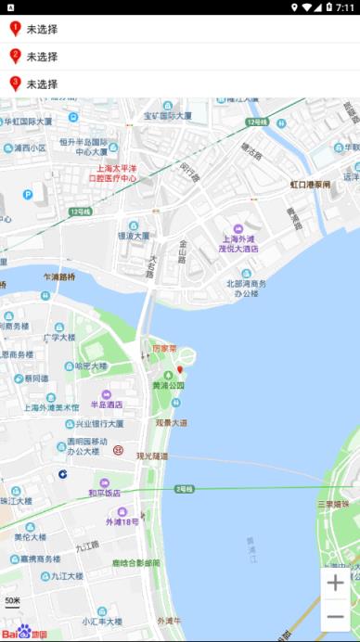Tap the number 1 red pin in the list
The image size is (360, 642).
click(15, 29)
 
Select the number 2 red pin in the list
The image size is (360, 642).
click(15, 57)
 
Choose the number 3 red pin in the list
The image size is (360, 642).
click(15, 84)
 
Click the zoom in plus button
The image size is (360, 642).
click(335, 583)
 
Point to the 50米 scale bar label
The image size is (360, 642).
click(12, 601)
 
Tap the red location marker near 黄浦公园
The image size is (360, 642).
click(180, 371)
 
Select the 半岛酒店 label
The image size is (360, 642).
click(106, 404)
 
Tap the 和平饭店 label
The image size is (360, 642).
click(104, 493)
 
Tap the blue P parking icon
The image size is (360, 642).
click(28, 195)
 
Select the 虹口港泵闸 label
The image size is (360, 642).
click(310, 185)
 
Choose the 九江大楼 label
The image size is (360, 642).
click(67, 576)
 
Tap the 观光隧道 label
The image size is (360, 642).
click(152, 456)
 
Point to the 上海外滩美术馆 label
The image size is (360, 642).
click(51, 407)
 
